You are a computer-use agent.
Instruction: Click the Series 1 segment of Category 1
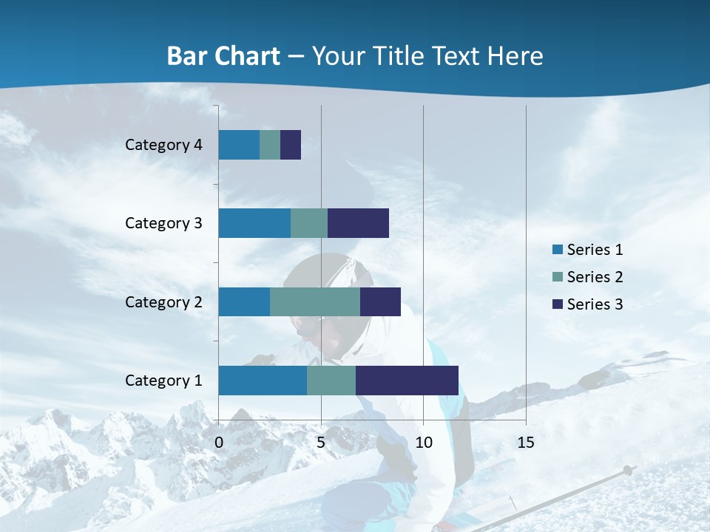pyautogui.click(x=263, y=381)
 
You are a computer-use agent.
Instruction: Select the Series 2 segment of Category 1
pyautogui.click(x=331, y=381)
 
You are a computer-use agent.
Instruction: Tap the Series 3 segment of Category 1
pyautogui.click(x=407, y=381)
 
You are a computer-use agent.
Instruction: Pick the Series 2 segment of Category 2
pyautogui.click(x=315, y=302)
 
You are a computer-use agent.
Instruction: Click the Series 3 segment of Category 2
pyautogui.click(x=380, y=302)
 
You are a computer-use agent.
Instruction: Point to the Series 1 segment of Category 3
pyautogui.click(x=254, y=223)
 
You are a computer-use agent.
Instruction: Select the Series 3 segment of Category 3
pyautogui.click(x=358, y=223)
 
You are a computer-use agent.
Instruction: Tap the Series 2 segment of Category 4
pyautogui.click(x=270, y=145)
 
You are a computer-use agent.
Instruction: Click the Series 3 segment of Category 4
pyautogui.click(x=291, y=145)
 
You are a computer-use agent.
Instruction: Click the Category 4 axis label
pyautogui.click(x=163, y=145)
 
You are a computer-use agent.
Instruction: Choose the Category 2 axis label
pyautogui.click(x=163, y=302)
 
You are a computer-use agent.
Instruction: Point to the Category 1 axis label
pyautogui.click(x=163, y=381)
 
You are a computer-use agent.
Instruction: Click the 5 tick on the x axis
pyautogui.click(x=321, y=443)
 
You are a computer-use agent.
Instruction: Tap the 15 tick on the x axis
pyautogui.click(x=525, y=443)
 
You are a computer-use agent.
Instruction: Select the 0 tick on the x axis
pyautogui.click(x=219, y=443)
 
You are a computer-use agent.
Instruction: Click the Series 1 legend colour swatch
pyautogui.click(x=558, y=250)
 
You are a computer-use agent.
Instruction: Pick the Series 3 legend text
pyautogui.click(x=595, y=304)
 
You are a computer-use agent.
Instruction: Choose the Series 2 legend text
pyautogui.click(x=595, y=277)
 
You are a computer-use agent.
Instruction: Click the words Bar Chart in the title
pyautogui.click(x=223, y=56)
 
